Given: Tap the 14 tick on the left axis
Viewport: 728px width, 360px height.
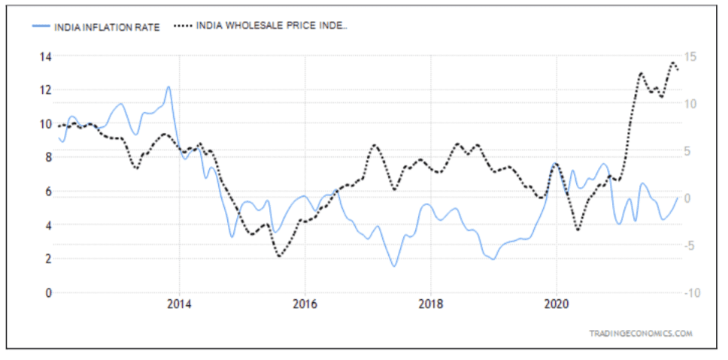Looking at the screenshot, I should click(45, 56).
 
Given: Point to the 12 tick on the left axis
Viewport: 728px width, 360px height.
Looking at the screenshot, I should click(45, 90).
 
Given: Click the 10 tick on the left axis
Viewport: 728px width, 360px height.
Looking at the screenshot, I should click(45, 124).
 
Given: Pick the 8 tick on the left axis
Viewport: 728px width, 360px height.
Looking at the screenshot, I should click(47, 158).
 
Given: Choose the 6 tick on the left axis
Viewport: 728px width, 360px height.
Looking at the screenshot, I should click(47, 192).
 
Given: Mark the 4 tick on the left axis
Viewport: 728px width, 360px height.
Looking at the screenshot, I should click(47, 225).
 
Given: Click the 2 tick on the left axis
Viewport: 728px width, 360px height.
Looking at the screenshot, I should click(47, 259).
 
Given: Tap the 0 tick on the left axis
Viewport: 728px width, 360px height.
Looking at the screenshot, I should click(47, 293).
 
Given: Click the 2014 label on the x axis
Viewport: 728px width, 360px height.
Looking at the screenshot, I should click(179, 306).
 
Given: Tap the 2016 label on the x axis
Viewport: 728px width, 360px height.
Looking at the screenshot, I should click(305, 306).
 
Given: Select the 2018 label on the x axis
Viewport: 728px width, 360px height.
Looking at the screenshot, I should click(430, 306).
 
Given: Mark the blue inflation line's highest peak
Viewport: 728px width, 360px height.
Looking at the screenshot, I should click(168, 86).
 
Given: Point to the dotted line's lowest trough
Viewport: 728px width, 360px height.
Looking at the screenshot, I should click(280, 256).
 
